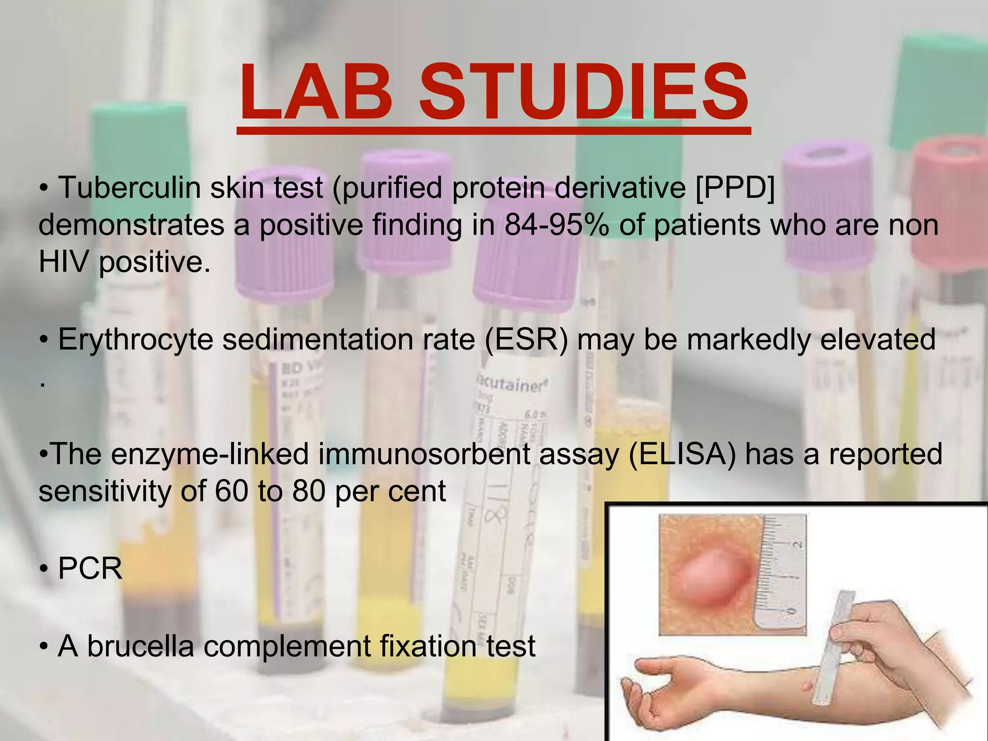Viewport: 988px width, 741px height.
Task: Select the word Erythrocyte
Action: pyautogui.click(x=136, y=339)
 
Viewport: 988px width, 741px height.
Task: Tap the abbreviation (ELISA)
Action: pyautogui.click(x=683, y=454)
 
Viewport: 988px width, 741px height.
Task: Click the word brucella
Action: pyautogui.click(x=140, y=646)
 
